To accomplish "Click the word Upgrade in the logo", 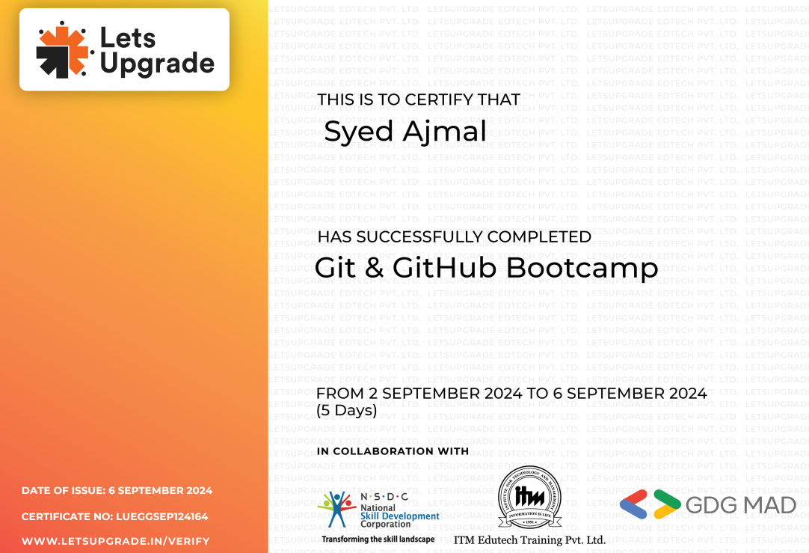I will (x=157, y=64).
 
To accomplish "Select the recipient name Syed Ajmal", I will (x=405, y=132).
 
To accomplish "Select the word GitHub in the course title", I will (x=444, y=268).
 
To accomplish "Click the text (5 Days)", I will (x=346, y=410).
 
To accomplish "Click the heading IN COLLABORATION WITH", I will (x=393, y=451).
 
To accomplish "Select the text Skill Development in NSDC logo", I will (x=399, y=516).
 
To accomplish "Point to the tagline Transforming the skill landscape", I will (x=378, y=539).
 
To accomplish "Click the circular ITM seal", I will (x=529, y=497).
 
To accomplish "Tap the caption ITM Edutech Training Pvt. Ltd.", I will (x=529, y=540).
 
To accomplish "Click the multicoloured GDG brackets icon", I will (x=650, y=505).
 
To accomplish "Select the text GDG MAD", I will (x=740, y=506).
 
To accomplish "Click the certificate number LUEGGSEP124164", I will (x=162, y=516).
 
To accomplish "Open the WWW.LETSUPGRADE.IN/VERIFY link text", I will (x=115, y=541).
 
